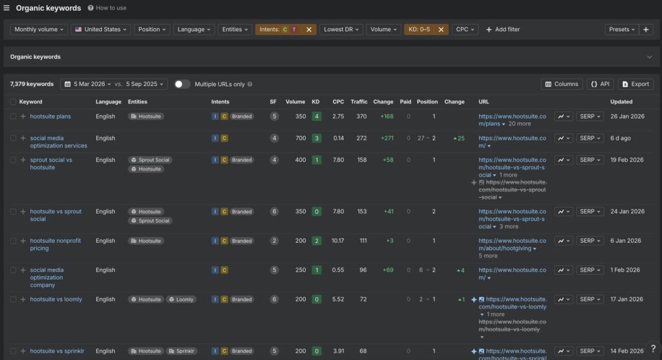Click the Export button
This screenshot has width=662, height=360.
(635, 84)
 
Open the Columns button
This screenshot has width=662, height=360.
(561, 84)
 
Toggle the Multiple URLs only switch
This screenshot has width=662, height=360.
(182, 84)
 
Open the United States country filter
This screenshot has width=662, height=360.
(101, 29)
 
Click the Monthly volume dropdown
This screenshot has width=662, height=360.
(39, 29)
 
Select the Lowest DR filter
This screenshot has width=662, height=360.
(341, 29)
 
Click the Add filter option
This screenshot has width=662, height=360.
(502, 29)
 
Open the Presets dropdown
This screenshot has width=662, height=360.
(621, 29)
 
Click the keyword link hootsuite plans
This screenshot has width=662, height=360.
(50, 116)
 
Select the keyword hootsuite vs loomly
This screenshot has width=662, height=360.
(56, 299)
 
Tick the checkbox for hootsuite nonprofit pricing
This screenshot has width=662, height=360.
(13, 241)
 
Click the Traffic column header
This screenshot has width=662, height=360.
(359, 101)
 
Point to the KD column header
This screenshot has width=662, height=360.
(315, 101)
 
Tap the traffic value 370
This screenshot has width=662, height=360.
(361, 116)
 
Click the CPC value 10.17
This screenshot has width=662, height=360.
(338, 241)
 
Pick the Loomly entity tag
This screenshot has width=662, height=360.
(181, 299)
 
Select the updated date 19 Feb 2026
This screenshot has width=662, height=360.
(626, 160)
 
